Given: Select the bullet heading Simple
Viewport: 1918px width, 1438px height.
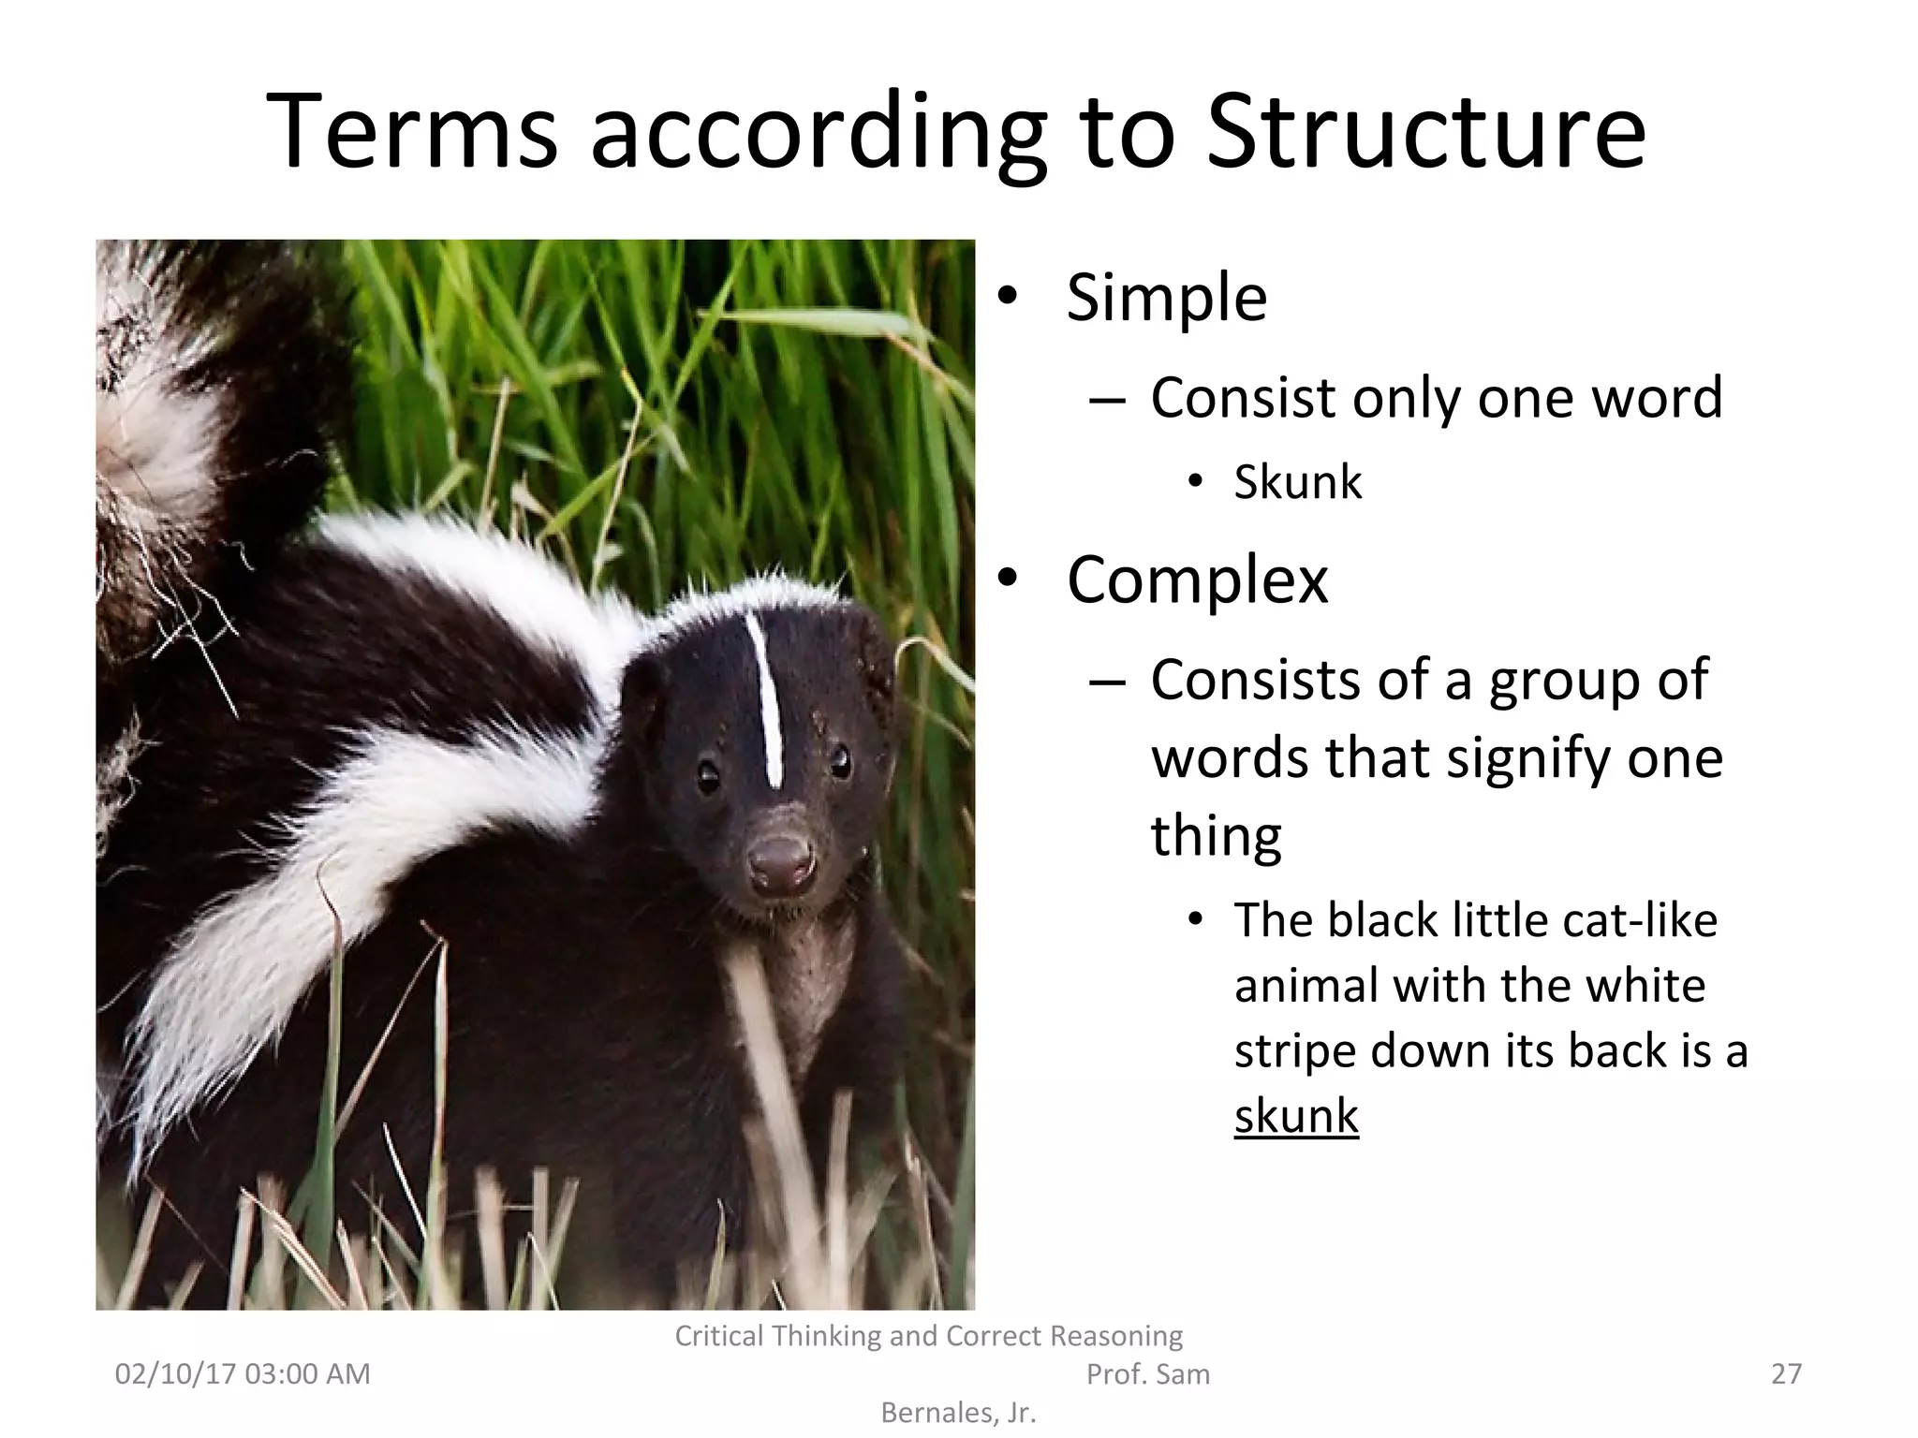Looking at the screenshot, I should click(x=1167, y=298).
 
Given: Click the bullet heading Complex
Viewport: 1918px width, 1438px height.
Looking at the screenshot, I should click(x=1197, y=580).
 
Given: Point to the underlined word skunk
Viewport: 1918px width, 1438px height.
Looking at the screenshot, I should click(x=1296, y=1116).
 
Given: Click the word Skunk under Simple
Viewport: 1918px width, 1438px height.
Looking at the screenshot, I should click(x=1298, y=482).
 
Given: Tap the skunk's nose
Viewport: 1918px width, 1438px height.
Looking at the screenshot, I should click(x=780, y=859).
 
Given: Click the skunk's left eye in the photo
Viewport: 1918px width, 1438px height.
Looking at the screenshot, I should click(x=709, y=775).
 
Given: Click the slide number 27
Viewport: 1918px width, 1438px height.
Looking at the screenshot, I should click(x=1786, y=1373).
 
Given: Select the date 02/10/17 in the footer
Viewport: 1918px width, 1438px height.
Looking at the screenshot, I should click(x=174, y=1373).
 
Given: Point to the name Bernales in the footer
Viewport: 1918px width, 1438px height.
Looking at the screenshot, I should click(x=938, y=1413).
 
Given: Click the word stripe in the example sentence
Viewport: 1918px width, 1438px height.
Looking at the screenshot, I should click(x=1295, y=1050).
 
